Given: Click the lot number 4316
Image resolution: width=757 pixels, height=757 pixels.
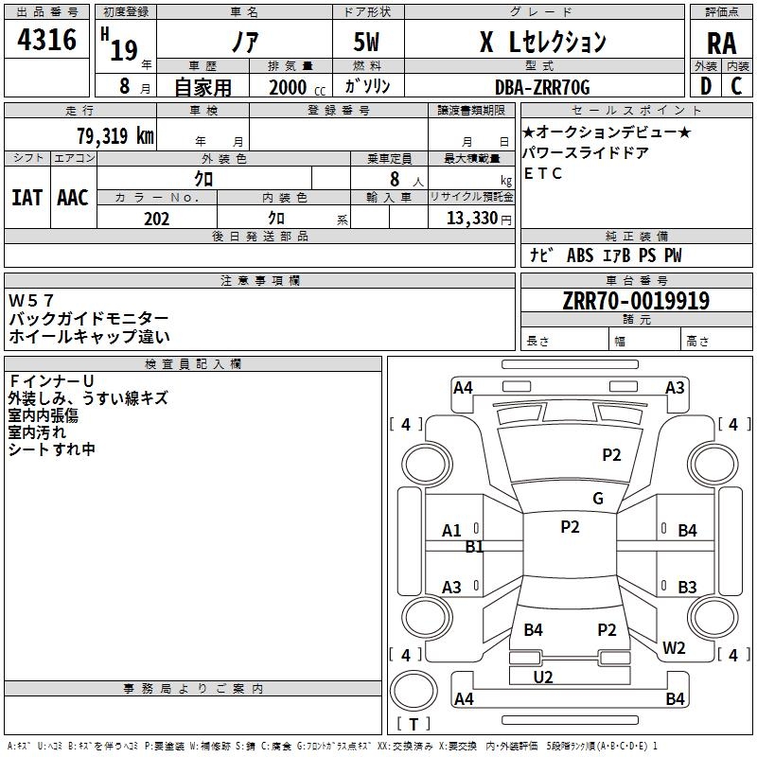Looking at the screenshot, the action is coord(46,39).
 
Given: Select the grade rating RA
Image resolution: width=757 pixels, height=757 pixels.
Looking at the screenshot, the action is coord(721,44).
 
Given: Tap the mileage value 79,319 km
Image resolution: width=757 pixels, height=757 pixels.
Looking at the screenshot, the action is coord(115,135).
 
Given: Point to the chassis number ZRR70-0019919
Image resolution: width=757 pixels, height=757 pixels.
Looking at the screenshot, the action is coord(636,301).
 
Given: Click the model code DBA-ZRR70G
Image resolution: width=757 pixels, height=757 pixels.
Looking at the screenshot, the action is coord(542,87).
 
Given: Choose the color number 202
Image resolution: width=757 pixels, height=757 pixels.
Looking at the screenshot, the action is coord(156,219).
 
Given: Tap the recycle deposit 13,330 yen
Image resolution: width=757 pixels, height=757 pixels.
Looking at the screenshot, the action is coord(479,219).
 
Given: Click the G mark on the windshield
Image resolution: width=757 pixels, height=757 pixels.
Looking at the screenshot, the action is coord(598,499).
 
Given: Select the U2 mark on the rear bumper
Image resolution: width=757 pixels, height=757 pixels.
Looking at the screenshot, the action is coord(542,678).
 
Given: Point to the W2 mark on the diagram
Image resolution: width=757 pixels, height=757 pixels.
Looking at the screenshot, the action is coord(674,647).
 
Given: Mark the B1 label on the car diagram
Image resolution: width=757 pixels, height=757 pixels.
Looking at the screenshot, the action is coord(474,547).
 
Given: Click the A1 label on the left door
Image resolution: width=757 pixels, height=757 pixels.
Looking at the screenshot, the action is coord(451,531).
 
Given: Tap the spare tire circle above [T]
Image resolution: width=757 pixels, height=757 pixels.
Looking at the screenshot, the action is coord(414,691).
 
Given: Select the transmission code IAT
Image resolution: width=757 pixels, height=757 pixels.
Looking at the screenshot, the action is coord(26,198).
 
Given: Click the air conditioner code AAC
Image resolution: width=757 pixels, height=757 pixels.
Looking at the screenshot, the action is coord(73,198).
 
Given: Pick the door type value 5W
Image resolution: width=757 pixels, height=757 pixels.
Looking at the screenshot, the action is coord(366,42).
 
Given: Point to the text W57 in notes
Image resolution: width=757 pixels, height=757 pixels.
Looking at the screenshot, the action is coord(31,300).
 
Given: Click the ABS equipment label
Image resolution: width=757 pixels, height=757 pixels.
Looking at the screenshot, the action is coord(580,255).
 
